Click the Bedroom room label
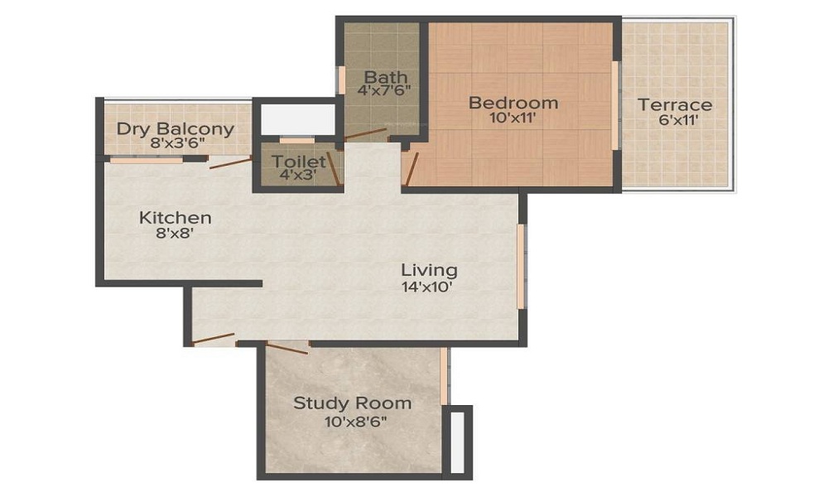point(513,104)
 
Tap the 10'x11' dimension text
point(513,119)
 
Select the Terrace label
point(675,105)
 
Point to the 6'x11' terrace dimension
point(675,121)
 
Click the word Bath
point(385,78)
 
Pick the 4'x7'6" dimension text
point(384,92)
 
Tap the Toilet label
point(299,162)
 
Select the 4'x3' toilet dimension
point(298,175)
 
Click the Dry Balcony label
point(175,129)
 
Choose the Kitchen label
point(175,218)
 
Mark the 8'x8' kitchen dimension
point(175,233)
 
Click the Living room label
point(429,270)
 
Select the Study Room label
point(353,403)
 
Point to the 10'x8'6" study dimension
point(354,421)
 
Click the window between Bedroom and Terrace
point(615,105)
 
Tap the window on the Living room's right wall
point(521,265)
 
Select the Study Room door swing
point(286,347)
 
